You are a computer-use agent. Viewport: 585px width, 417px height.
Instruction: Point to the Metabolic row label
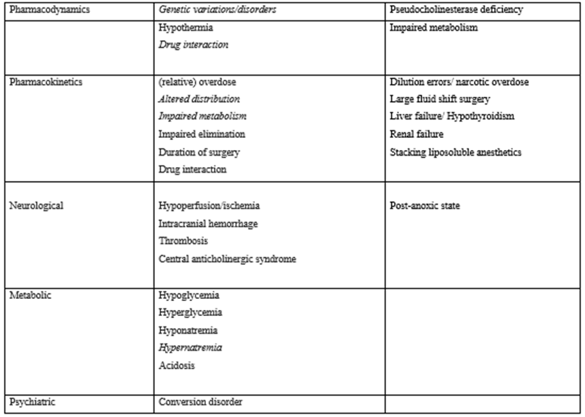[30, 295]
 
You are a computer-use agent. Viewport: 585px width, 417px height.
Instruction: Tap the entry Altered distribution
[199, 100]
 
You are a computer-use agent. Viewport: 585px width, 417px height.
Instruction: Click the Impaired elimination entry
[202, 134]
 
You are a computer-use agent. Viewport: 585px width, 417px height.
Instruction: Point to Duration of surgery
[198, 152]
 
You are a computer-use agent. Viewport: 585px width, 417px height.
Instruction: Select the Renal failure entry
[417, 134]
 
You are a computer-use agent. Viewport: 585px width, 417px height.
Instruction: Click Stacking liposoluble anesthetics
[455, 152]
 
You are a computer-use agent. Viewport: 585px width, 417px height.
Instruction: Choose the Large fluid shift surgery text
[440, 100]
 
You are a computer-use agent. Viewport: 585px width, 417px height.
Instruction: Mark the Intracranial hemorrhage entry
[208, 224]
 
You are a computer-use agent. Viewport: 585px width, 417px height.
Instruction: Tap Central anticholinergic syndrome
[227, 259]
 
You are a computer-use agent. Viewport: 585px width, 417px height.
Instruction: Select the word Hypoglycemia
[187, 295]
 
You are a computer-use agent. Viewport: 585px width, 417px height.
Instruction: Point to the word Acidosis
[177, 366]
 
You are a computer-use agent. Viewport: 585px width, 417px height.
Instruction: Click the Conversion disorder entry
[200, 402]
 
